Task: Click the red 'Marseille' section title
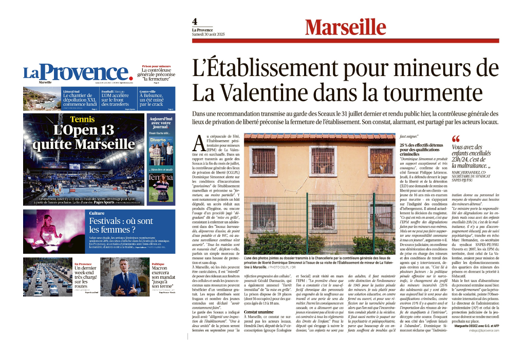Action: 345,27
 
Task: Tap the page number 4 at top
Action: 195,22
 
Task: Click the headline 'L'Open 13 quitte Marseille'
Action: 83,137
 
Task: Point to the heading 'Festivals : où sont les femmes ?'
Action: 121,226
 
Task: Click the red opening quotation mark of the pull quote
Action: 455,139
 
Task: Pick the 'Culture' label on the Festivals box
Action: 97,213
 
